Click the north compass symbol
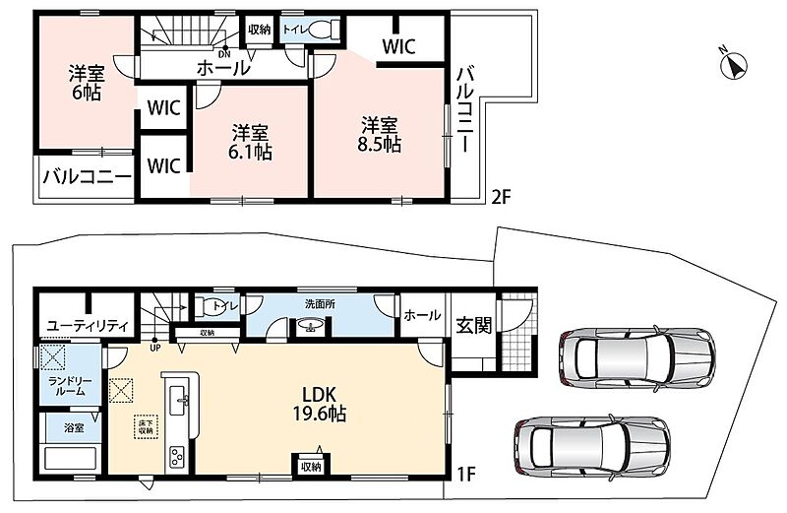pos(733,65)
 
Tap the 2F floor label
pos(501,197)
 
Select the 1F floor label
pos(465,474)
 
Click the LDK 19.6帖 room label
pos(319,404)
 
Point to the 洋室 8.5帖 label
pos(380,135)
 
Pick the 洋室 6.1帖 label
pos(250,142)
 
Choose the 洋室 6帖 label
pos(87,84)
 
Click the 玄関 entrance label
pos(473,325)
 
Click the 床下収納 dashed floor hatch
pos(147,427)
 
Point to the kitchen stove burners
pos(177,457)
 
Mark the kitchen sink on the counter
pos(179,401)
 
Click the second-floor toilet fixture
pos(323,30)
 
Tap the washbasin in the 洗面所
pos(310,327)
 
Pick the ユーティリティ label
pos(87,326)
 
